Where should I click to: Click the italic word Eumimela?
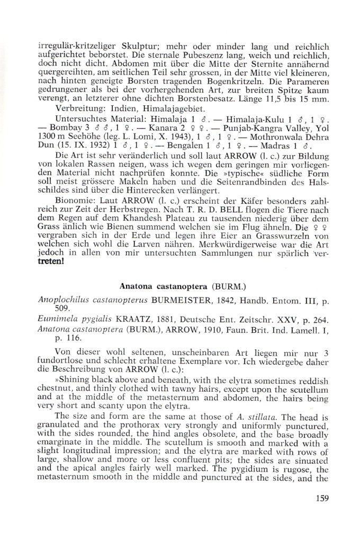(57, 321)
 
